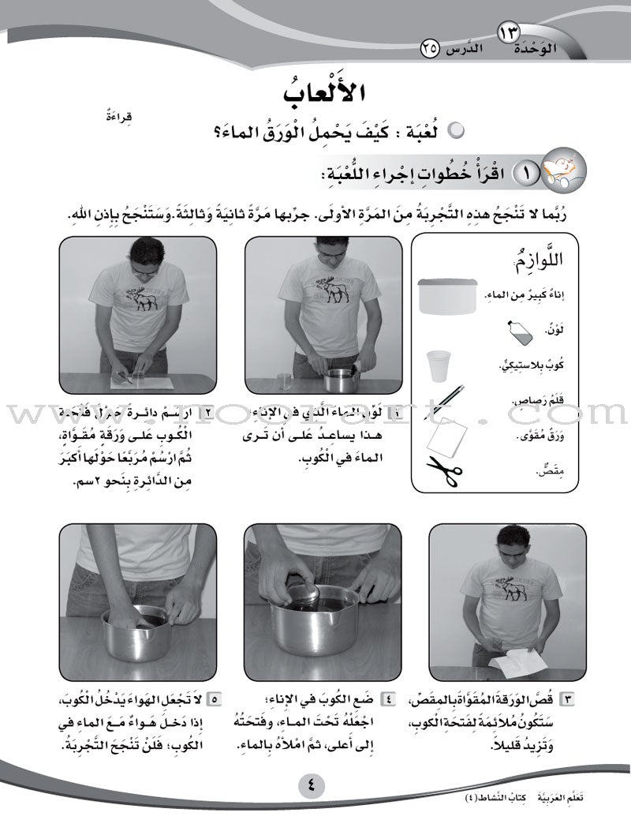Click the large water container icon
pyautogui.click(x=447, y=296)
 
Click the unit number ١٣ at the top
pyautogui.click(x=509, y=33)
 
